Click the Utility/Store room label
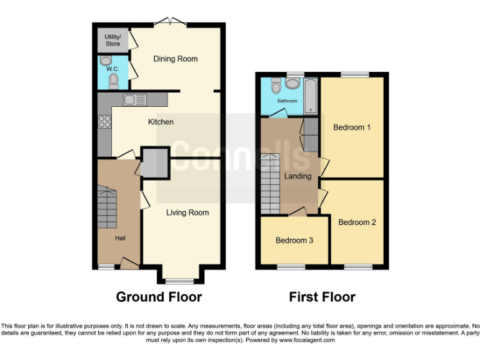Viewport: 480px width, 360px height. pos(112,41)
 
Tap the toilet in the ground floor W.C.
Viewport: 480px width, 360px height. pos(113,81)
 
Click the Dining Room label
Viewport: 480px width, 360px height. pos(176,59)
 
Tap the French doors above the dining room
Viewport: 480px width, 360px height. pos(170,23)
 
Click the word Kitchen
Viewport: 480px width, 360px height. pos(161,122)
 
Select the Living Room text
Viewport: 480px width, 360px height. pos(187,212)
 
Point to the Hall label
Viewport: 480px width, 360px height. pos(119,238)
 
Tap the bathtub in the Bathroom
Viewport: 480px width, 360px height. pos(311,96)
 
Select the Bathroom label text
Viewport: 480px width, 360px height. pos(287,101)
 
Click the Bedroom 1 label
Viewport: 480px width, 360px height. pos(352,127)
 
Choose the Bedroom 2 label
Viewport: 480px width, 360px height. pos(357,222)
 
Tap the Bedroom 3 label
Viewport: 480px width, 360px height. pos(294,241)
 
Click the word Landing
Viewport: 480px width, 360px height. pos(297,176)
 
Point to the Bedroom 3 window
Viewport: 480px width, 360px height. pos(287,267)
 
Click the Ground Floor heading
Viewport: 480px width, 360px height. pos(159,297)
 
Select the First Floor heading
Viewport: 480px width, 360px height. pos(322,297)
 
